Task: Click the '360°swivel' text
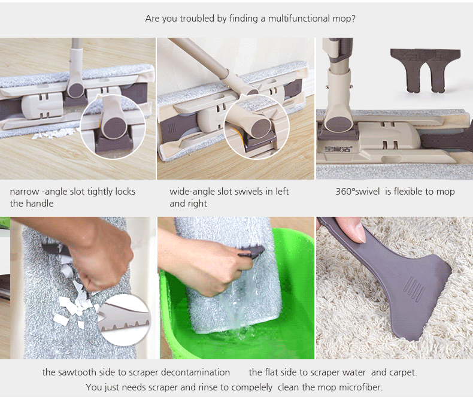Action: pos(357,192)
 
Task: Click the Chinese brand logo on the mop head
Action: pos(338,149)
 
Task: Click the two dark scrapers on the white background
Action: pos(425,70)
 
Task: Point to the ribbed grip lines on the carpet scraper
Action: pos(414,290)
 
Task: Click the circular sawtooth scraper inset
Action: pos(125,320)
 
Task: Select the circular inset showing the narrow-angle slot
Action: pos(113,127)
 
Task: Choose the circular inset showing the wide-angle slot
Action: pos(256,127)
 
